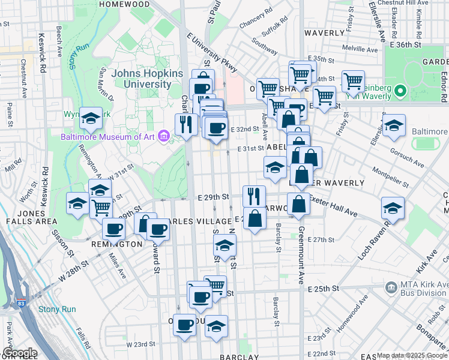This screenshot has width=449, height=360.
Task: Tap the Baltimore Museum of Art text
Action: [108, 136]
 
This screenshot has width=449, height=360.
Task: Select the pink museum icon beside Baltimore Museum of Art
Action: [163, 136]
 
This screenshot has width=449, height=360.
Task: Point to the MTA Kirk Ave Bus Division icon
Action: [391, 288]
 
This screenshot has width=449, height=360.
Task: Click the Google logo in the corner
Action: [19, 353]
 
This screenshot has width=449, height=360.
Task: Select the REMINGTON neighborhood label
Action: [117, 244]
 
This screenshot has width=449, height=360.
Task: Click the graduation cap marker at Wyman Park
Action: [91, 118]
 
